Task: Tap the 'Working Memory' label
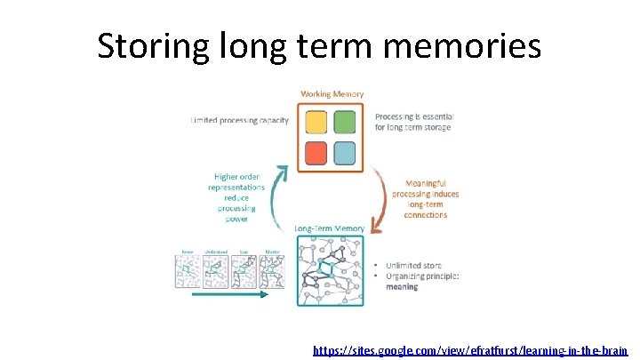332,94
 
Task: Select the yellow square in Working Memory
315,123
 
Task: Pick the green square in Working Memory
345,123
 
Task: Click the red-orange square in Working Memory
315,153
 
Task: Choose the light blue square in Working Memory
345,153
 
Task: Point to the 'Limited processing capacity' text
240,121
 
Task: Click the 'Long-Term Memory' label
330,228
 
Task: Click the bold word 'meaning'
402,287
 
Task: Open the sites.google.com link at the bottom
469,350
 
